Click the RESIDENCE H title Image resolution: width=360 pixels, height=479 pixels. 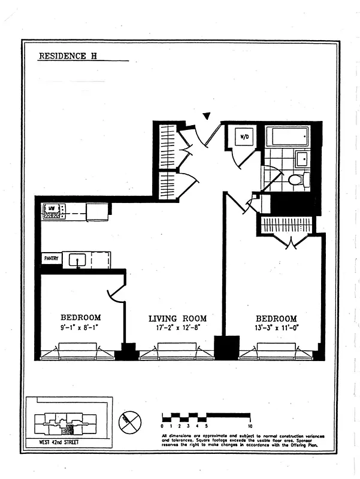point(68,57)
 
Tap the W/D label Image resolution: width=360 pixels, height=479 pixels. point(244,137)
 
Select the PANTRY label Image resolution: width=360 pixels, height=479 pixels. point(51,259)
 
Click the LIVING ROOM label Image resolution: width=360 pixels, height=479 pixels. point(177,319)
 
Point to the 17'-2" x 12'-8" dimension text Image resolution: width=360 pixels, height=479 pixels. point(177,329)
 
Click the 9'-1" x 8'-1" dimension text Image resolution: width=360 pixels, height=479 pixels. point(81,328)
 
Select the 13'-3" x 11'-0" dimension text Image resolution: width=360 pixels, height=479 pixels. point(276,329)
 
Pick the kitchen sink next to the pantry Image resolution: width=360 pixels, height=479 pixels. point(78,260)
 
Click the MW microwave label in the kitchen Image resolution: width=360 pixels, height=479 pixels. point(52,208)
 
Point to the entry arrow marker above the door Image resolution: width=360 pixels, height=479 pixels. point(207,116)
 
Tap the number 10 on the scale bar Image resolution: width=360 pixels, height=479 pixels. point(249,425)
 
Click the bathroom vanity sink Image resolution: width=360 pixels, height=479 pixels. point(302,159)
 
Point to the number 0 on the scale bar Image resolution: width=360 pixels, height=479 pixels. point(163,425)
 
